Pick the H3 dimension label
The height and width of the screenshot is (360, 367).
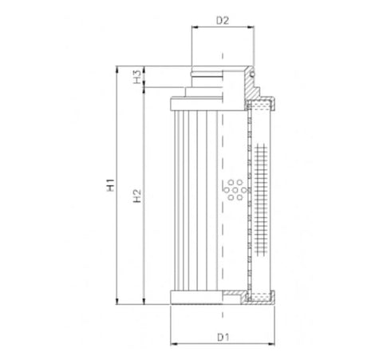(x=137, y=77)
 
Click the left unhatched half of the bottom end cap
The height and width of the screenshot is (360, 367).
(x=197, y=299)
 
